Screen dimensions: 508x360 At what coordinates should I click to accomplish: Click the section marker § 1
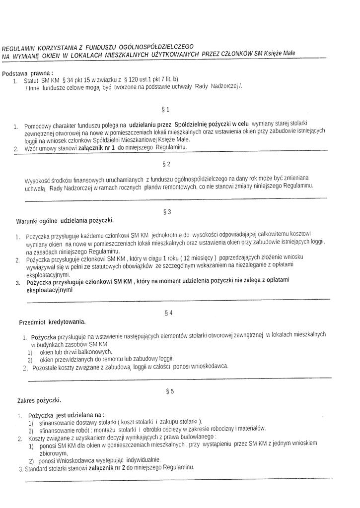point(166,109)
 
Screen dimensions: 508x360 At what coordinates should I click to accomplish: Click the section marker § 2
point(166,164)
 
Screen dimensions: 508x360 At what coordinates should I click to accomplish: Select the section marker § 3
point(167,212)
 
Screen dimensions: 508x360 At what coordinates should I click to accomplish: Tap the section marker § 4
point(168,313)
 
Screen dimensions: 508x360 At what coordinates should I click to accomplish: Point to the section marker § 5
point(169,391)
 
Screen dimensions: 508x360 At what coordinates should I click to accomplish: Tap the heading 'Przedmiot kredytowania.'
point(52,321)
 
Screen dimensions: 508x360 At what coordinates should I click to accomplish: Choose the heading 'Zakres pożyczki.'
point(39,400)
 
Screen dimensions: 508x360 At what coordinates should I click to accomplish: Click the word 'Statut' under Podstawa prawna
point(31,80)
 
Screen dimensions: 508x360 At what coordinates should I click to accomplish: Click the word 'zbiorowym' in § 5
point(53,453)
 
